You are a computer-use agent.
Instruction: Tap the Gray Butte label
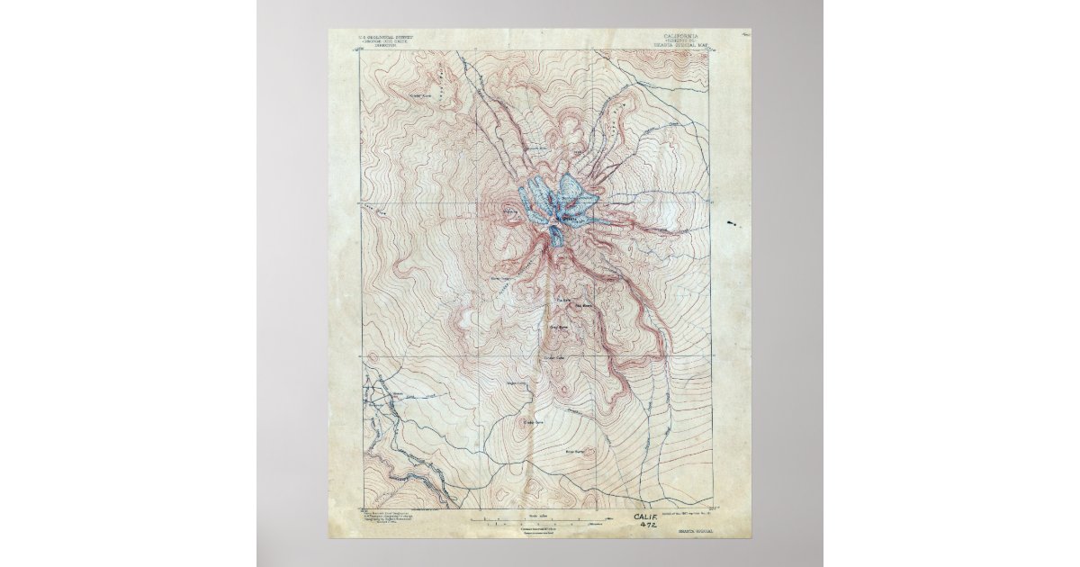click(x=558, y=327)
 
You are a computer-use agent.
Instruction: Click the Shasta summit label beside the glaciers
click(x=569, y=216)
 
